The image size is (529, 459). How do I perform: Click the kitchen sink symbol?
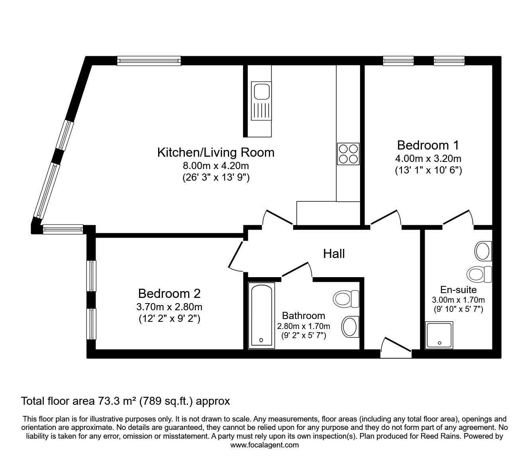coord(261,101)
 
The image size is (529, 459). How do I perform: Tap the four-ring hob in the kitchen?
coord(348,154)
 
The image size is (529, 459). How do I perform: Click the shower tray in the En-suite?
coord(439,334)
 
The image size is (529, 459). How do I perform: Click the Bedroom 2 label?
coord(169,294)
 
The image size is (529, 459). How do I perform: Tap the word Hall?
coord(334,254)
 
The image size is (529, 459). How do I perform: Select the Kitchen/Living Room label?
coord(216,152)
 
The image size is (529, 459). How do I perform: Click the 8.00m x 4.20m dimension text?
coord(216,165)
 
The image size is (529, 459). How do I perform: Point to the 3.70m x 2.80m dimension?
coord(169,307)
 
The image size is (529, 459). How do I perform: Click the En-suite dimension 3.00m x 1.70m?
coord(458,300)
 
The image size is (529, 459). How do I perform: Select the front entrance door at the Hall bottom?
coord(395,346)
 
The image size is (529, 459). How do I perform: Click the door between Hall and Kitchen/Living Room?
coord(278,219)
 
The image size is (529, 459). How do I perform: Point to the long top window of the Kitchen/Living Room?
coord(149,61)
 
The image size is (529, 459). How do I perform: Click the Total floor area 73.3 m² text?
coord(125,400)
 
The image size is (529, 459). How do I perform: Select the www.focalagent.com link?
coord(264,445)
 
